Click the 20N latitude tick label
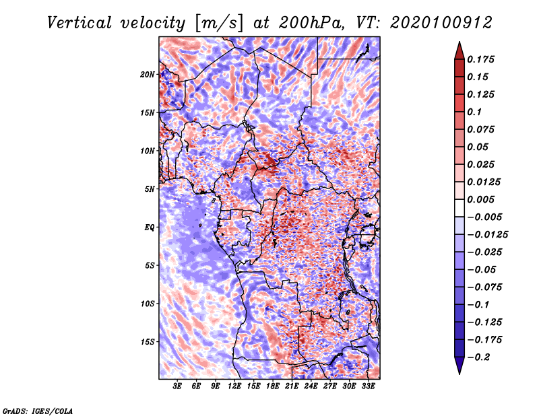coord(148,75)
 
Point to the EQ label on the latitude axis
coord(149,228)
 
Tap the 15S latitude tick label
coord(148,342)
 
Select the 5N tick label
coord(150,189)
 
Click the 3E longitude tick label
coord(177,386)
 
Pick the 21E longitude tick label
coord(292,386)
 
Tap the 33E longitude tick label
coord(368,386)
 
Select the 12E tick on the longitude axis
coord(234,386)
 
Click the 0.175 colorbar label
coord(480,59)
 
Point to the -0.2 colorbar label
coord(478,357)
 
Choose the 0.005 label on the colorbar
coord(480,199)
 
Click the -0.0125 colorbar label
coord(487,235)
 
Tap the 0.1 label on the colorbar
coord(474,112)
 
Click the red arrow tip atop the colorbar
coord(459,42)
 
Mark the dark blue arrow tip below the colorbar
coord(459,374)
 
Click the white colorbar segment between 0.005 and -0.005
coord(459,208)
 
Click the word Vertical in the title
coord(80,23)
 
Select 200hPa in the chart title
coord(311,23)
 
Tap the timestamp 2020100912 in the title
coord(441,23)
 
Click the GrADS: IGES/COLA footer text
coord(38,411)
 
